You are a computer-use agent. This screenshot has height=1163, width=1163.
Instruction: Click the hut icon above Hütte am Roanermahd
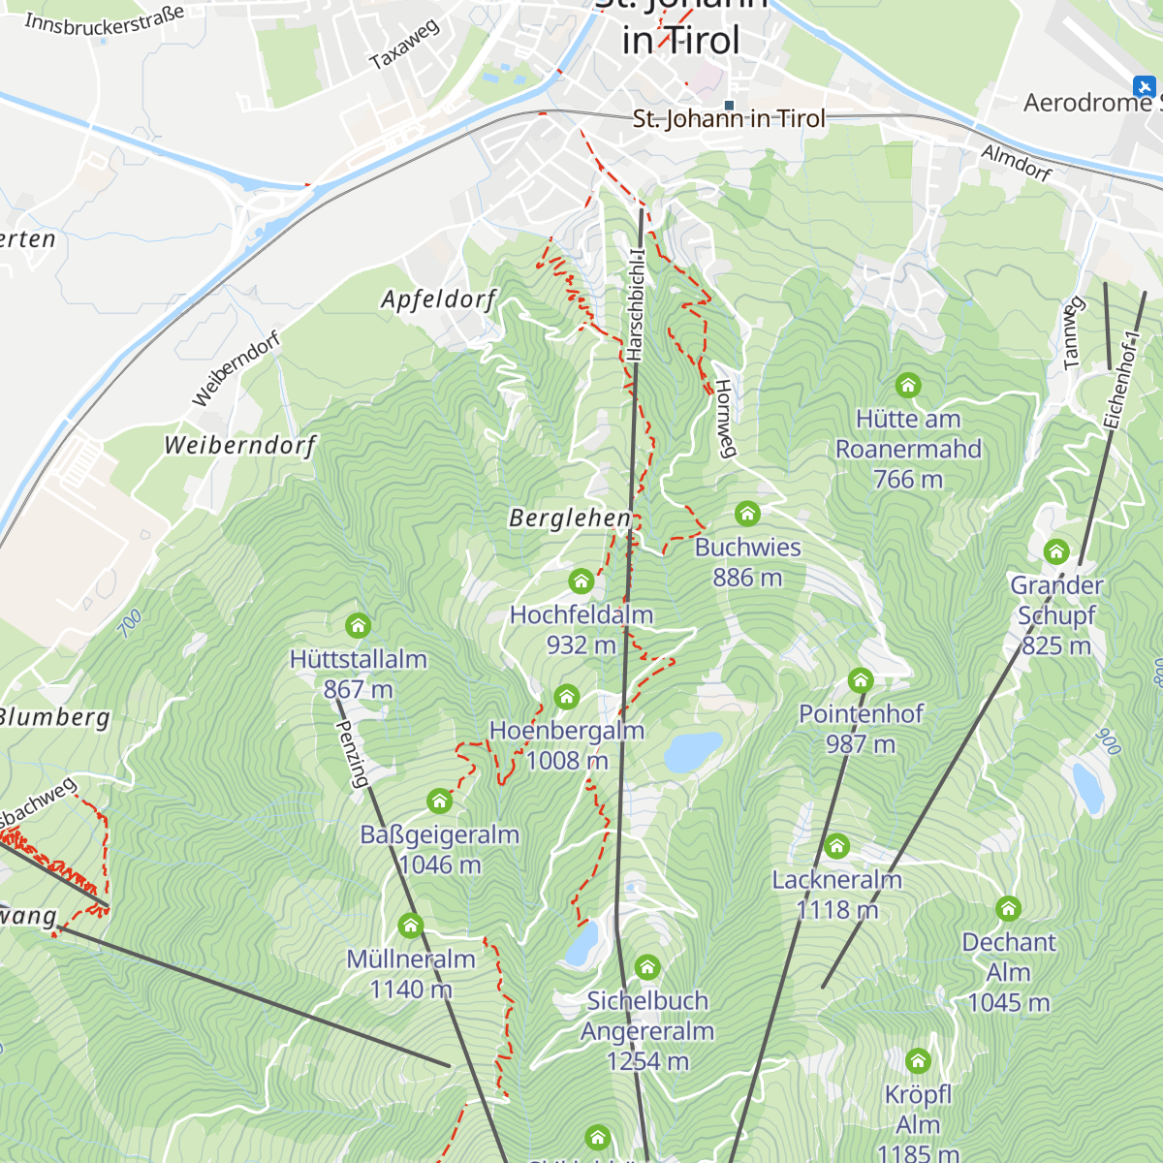click(x=908, y=386)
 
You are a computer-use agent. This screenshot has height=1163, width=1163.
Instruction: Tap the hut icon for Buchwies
click(x=747, y=514)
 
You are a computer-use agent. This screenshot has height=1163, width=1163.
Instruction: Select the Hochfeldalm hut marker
click(x=581, y=581)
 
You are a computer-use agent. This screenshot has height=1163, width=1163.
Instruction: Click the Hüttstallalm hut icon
click(x=359, y=625)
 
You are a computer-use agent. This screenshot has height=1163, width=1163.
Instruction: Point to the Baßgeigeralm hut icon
click(x=440, y=801)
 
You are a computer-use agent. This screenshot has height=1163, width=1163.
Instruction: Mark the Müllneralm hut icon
click(x=411, y=926)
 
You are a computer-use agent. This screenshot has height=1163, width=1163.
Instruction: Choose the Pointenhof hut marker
click(x=861, y=680)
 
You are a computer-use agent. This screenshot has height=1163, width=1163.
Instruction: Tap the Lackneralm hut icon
click(x=836, y=846)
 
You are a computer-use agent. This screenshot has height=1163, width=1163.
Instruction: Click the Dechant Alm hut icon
click(x=1009, y=908)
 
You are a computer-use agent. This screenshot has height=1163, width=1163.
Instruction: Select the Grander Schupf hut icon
click(x=1056, y=552)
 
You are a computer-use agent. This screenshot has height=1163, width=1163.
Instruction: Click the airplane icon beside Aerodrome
click(x=1145, y=86)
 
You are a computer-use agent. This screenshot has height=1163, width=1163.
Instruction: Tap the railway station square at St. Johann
click(x=729, y=106)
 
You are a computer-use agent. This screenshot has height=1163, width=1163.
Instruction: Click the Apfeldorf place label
click(x=438, y=299)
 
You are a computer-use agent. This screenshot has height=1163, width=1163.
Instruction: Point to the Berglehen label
click(x=570, y=519)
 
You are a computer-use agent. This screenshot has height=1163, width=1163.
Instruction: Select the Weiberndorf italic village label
click(x=240, y=446)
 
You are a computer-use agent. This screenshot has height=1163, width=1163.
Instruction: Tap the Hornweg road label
click(x=725, y=418)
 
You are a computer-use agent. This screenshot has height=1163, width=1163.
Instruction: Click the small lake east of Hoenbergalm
click(x=693, y=751)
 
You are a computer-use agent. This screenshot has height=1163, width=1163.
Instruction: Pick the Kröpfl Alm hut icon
click(x=918, y=1060)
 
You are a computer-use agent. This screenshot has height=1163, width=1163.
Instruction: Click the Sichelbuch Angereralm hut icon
click(x=647, y=967)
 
